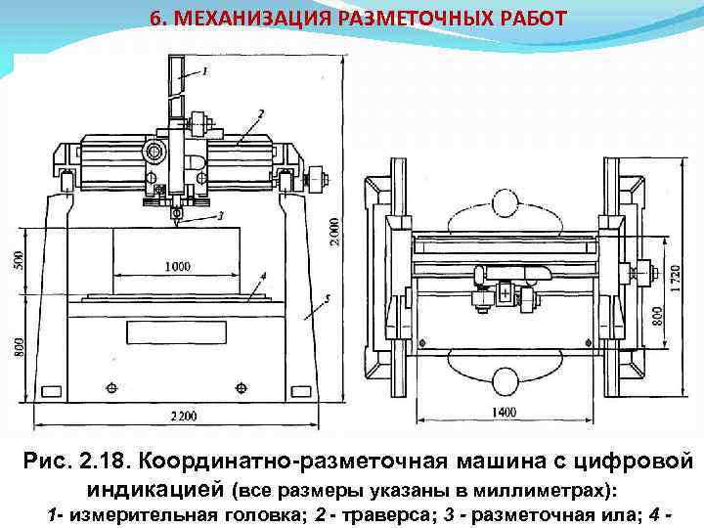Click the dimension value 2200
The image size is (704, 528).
pyautogui.click(x=182, y=416)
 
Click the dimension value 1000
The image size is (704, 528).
pyautogui.click(x=178, y=266)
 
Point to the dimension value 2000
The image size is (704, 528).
pyautogui.click(x=335, y=231)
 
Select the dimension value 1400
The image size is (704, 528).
pyautogui.click(x=504, y=413)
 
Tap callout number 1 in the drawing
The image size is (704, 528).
pyautogui.click(x=205, y=70)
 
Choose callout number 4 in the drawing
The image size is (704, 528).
pyautogui.click(x=263, y=277)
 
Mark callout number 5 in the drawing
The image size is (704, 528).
pyautogui.click(x=327, y=297)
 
